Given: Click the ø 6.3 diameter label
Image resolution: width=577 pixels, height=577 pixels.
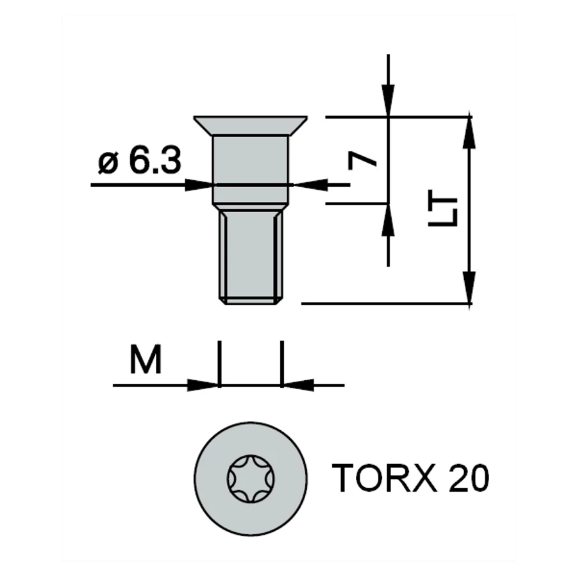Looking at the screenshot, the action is point(140,160).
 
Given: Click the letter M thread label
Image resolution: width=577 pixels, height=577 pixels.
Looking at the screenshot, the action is point(146,359).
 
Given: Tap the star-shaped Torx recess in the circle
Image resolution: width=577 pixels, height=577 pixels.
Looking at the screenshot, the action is point(251,479).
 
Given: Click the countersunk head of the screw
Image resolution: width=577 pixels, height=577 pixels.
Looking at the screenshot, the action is point(251,126).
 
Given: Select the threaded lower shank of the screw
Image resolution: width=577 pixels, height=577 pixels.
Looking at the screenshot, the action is point(251,254).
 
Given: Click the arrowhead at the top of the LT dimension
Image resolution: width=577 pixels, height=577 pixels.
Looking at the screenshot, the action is point(469,131).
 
